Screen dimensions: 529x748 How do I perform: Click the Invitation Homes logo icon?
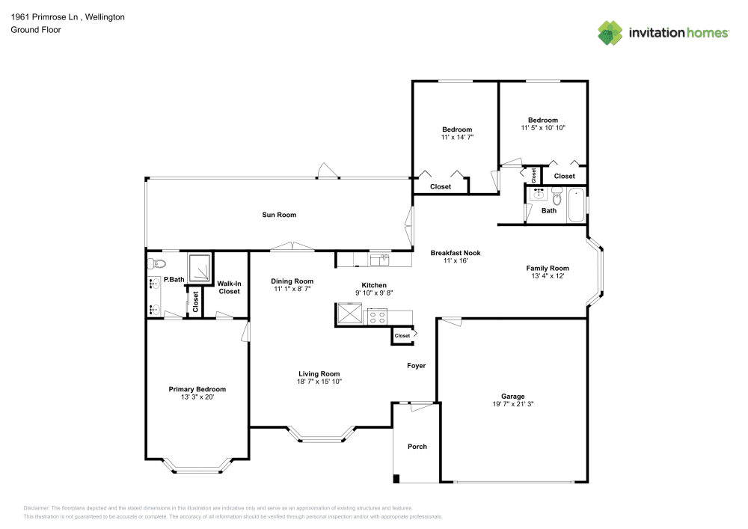point(610,33)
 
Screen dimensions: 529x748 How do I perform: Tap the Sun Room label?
point(279,215)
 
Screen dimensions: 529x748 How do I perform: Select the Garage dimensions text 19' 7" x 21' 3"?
point(512,404)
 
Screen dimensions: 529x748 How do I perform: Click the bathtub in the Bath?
point(576,206)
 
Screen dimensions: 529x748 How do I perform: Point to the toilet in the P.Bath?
point(156,263)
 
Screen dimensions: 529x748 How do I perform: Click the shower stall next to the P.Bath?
point(199,267)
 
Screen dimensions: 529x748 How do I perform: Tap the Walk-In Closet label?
point(230,287)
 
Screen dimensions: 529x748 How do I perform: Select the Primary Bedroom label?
point(197,389)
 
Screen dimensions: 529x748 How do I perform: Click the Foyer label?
point(416,366)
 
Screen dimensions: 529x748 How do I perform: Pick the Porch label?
point(417,447)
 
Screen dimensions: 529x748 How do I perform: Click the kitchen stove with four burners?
point(376,315)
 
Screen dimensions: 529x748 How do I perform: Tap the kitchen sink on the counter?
point(380,259)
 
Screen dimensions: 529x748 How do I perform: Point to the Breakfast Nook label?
point(456,253)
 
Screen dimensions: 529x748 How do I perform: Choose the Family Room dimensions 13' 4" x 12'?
point(548,276)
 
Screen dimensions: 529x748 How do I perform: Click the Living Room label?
point(319,374)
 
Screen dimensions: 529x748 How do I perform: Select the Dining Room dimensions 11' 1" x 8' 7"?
point(292,289)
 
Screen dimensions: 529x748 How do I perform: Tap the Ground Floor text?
point(35,30)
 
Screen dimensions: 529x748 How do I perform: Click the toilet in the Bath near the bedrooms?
point(557,198)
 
